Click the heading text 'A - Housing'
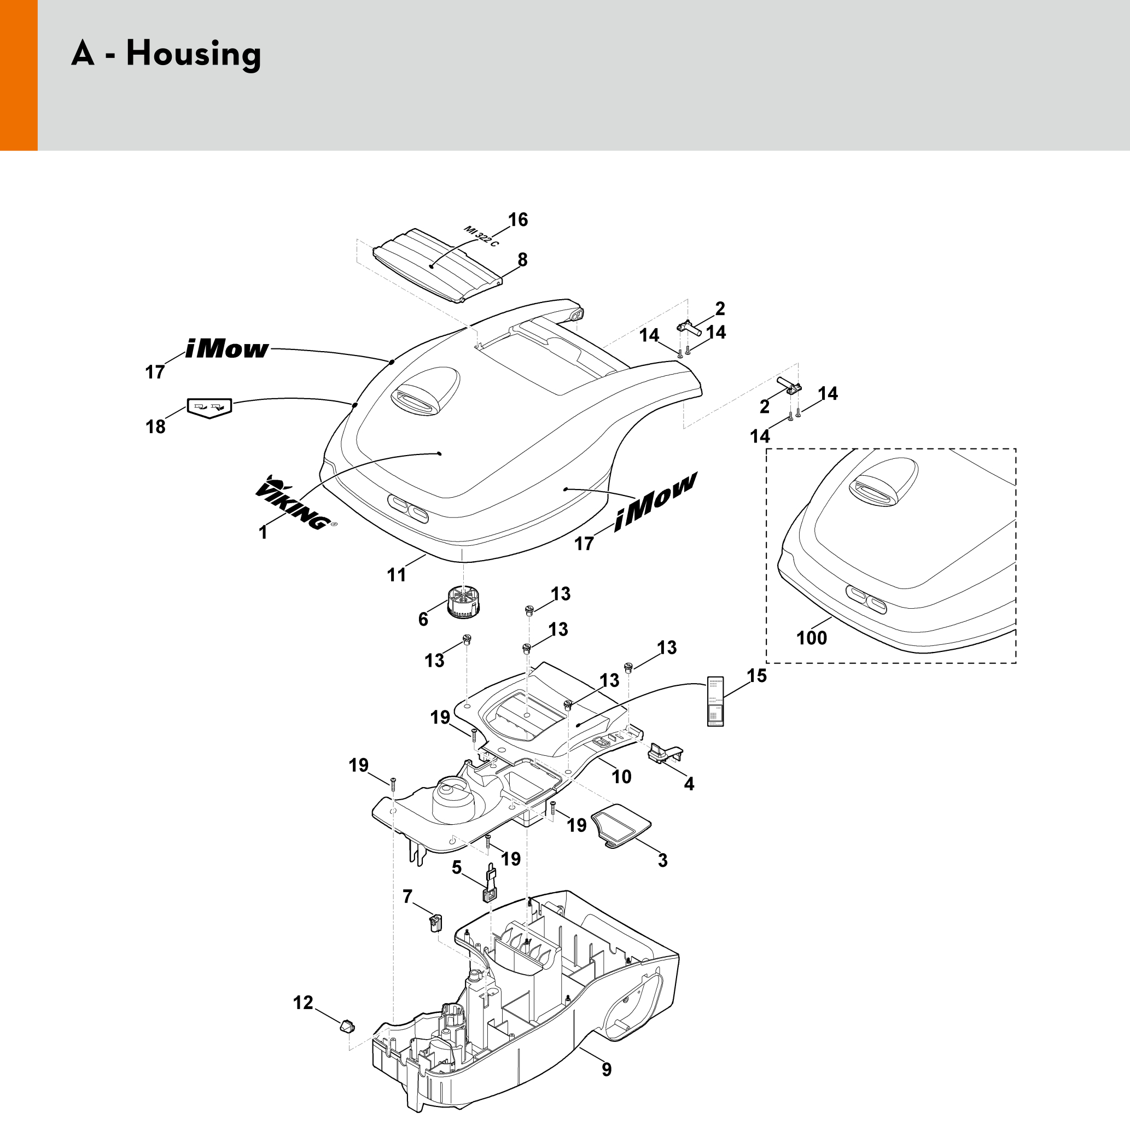(x=166, y=54)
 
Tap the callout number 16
(x=518, y=220)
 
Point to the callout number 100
(x=812, y=638)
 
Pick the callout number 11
(x=397, y=574)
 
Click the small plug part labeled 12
(x=346, y=1025)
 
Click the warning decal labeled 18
(x=209, y=407)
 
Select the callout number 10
(x=622, y=776)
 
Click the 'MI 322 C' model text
(x=481, y=236)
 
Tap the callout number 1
(x=263, y=533)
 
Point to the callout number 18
(x=155, y=427)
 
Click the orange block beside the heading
(x=18, y=75)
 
